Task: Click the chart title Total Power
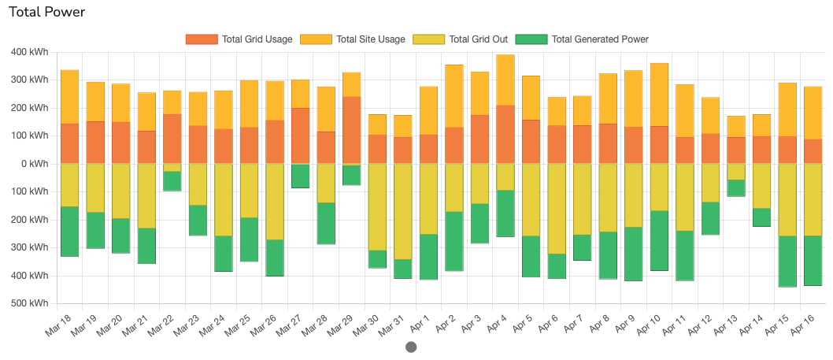(x=46, y=13)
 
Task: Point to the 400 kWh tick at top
(x=30, y=52)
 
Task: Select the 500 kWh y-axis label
(x=30, y=303)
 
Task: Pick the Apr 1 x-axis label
(x=416, y=325)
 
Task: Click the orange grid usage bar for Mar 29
(x=351, y=130)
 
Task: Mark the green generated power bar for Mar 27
(x=300, y=176)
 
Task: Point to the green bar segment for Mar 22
(x=172, y=181)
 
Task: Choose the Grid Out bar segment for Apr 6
(x=557, y=209)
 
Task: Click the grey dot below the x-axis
(x=411, y=347)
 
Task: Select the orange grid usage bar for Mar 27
(x=300, y=135)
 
